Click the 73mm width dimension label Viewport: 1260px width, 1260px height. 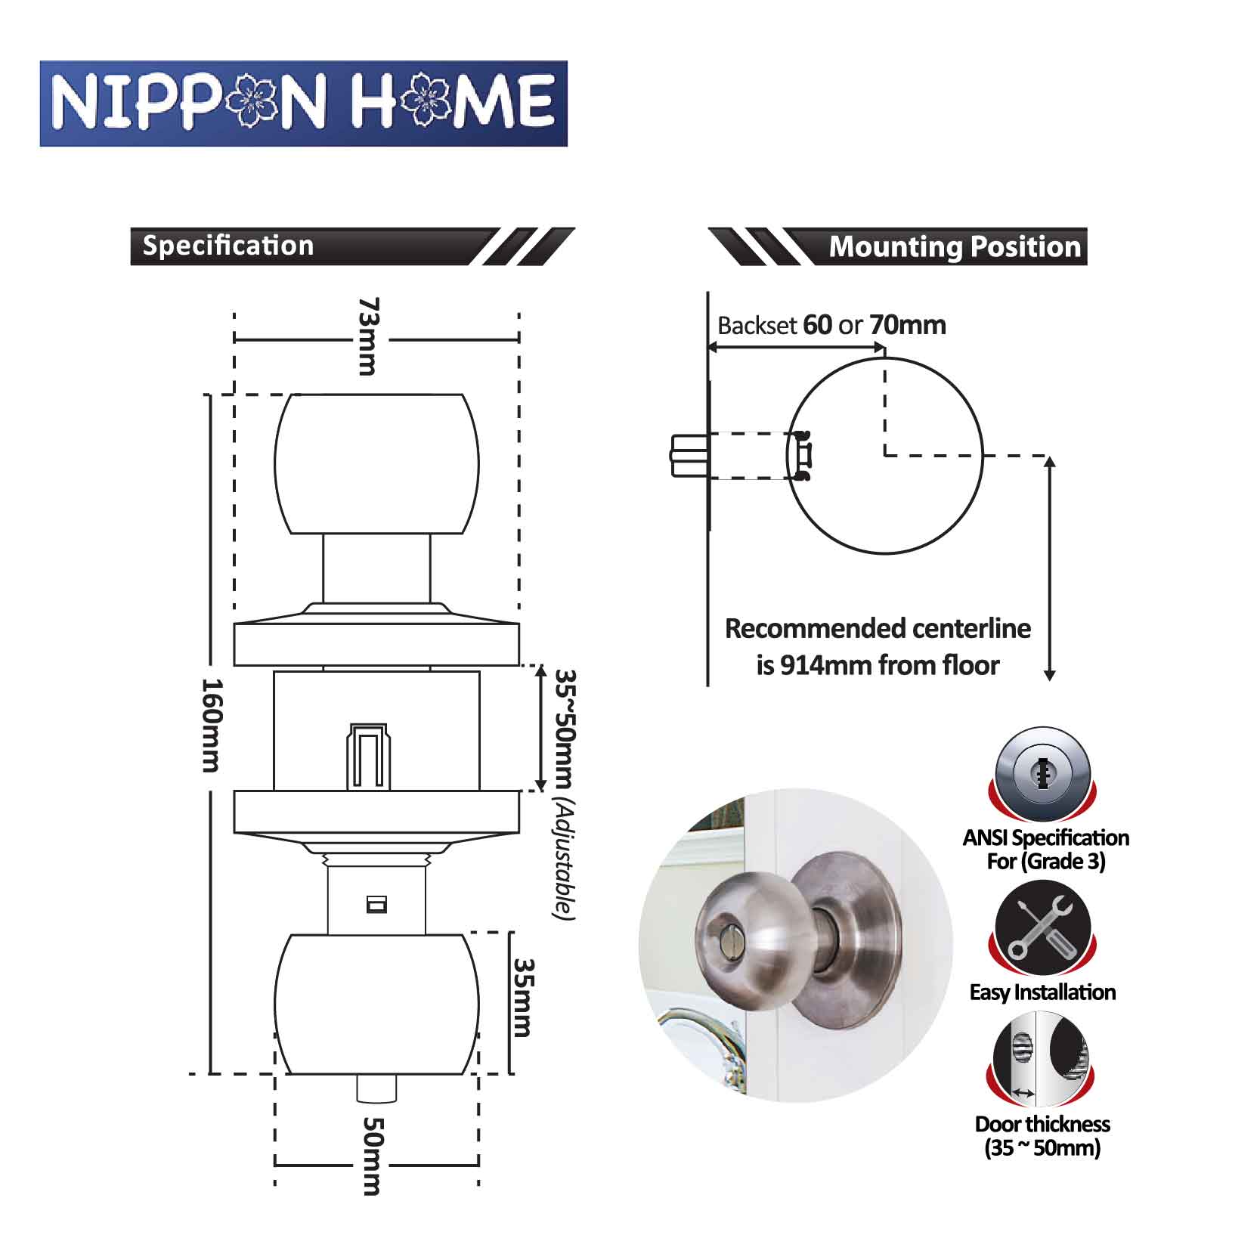click(367, 336)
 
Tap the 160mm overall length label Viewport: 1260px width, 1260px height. click(211, 726)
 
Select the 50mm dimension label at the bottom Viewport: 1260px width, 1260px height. click(371, 1156)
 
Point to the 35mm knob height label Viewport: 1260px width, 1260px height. click(523, 998)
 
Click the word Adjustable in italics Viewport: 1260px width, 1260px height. click(564, 860)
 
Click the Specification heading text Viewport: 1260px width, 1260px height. click(228, 246)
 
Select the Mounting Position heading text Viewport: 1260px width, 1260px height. click(955, 246)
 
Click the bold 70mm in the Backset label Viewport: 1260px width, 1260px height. click(908, 325)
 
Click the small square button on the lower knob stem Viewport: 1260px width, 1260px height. click(376, 904)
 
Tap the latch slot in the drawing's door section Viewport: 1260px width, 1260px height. click(369, 757)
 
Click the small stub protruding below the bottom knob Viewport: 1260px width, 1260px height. click(376, 1088)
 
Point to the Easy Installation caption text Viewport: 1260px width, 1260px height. click(1042, 992)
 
